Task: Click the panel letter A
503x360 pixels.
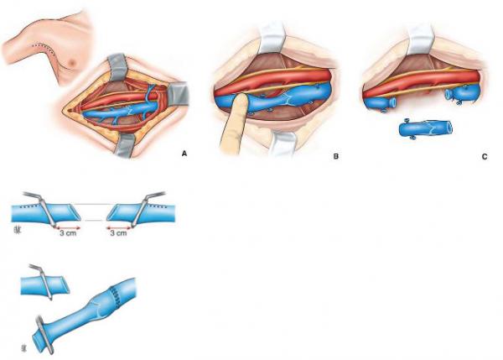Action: pos(184,154)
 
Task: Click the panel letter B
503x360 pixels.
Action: pos(336,156)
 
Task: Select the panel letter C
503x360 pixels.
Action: pos(485,157)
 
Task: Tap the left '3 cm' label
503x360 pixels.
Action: pos(68,233)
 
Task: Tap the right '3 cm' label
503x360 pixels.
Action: pos(118,232)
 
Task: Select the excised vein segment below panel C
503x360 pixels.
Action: pos(426,128)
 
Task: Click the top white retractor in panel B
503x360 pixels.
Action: pos(272,38)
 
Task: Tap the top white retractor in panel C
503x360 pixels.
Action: pos(420,38)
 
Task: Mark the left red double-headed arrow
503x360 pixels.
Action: pos(68,227)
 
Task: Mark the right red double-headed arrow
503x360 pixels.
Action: pos(118,227)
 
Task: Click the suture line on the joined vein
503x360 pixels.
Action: pos(115,296)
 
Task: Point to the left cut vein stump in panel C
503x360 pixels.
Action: pos(380,103)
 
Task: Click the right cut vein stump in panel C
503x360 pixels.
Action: pos(462,92)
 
